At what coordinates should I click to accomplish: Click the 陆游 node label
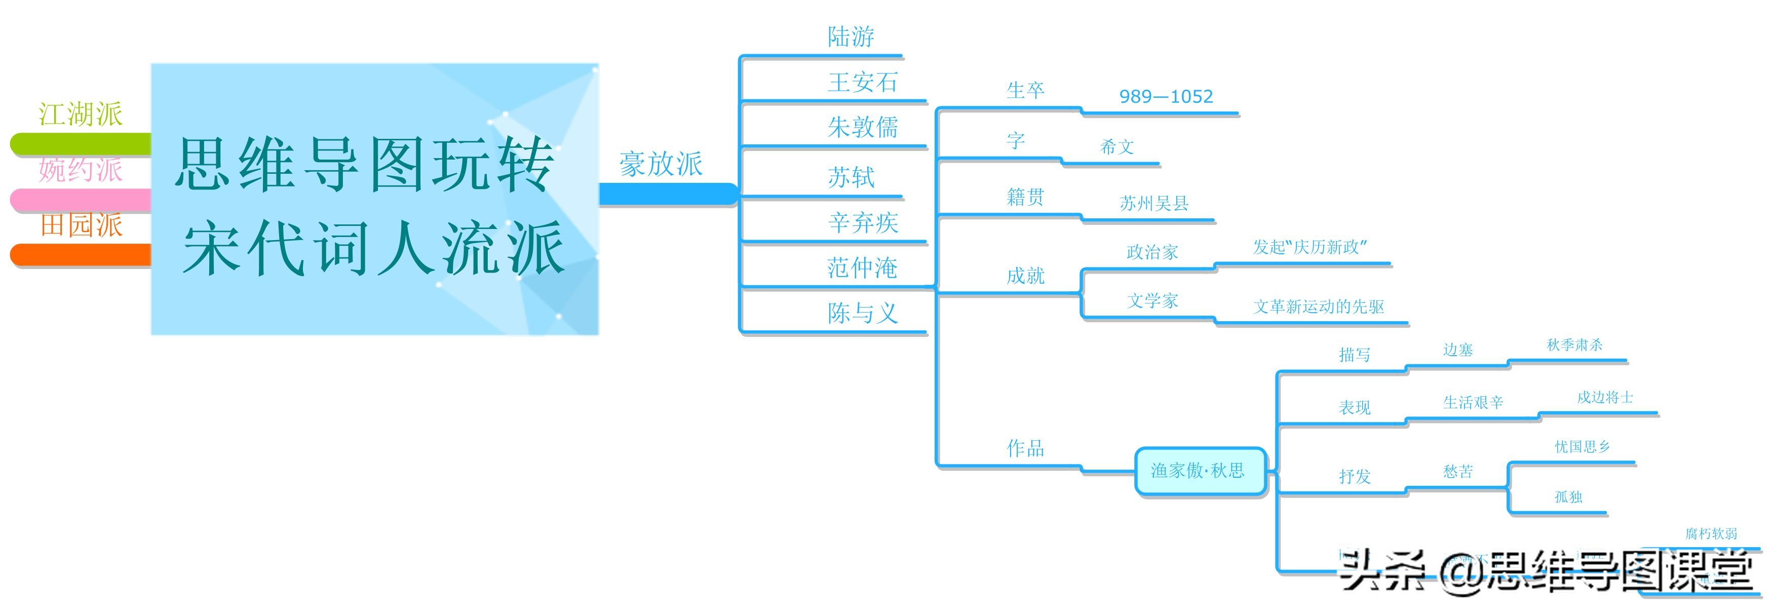coord(851,37)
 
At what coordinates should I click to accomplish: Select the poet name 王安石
coord(862,83)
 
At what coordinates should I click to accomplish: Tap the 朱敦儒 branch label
coord(862,127)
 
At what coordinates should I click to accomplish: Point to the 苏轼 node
coord(851,177)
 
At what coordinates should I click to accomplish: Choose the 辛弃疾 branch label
coord(862,223)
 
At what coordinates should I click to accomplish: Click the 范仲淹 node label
coord(862,267)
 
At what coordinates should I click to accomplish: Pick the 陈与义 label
coord(862,313)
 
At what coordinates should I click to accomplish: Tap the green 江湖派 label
coord(81,114)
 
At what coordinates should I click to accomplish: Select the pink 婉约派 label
coord(81,170)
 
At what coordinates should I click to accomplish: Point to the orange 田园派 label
coord(81,225)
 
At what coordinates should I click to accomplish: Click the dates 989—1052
coord(1166,96)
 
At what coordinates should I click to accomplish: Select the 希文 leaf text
coord(1116,146)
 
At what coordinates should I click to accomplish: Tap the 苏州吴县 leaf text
coord(1154,203)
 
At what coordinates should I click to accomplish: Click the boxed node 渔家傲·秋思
coord(1198,471)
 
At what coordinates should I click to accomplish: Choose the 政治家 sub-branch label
coord(1152,252)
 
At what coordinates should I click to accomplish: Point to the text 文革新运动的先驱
coord(1318,306)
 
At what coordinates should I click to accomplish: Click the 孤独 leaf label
coord(1568,496)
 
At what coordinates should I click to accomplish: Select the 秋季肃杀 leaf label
coord(1574,344)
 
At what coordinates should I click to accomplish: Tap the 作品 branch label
coord(1025,448)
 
